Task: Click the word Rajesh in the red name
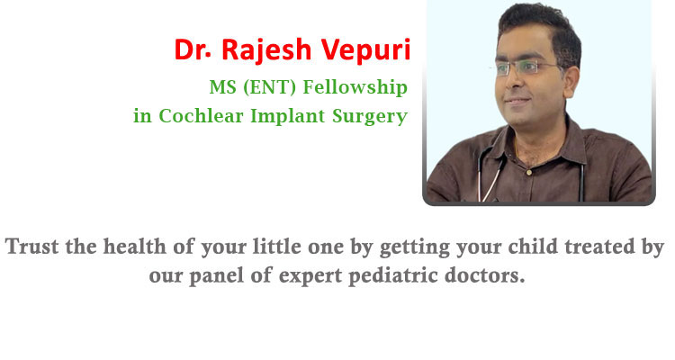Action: [x=265, y=50]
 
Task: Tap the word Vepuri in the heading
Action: [x=366, y=50]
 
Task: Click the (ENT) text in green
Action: [x=269, y=87]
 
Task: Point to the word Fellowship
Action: [x=355, y=87]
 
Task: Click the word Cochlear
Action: [x=201, y=116]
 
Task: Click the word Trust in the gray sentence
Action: [x=31, y=247]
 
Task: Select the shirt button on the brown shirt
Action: [x=529, y=172]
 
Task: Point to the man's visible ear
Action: [x=571, y=81]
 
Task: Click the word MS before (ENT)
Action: [x=223, y=87]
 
